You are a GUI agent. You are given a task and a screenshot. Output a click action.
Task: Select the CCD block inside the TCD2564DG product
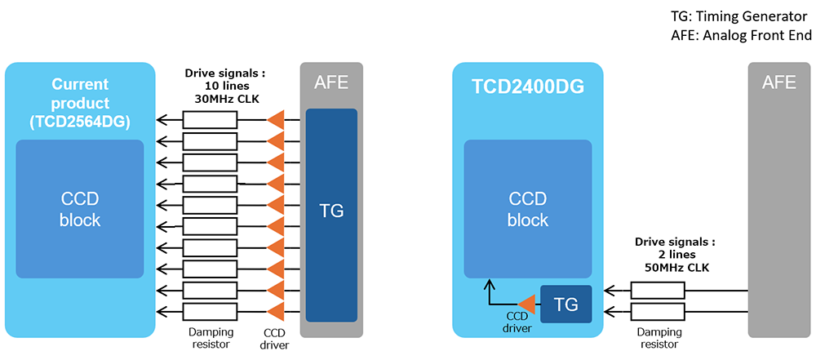[x=80, y=209]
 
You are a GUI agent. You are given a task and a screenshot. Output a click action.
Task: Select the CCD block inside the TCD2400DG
[x=528, y=209]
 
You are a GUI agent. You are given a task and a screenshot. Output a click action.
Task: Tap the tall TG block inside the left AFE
[x=331, y=211]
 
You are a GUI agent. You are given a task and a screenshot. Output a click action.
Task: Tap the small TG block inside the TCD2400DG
[x=566, y=304]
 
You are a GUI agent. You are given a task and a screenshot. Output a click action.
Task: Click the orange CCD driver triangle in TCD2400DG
[x=526, y=304]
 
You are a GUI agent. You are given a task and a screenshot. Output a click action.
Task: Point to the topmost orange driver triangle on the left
[x=276, y=120]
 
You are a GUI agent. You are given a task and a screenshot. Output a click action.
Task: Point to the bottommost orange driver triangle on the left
[x=276, y=311]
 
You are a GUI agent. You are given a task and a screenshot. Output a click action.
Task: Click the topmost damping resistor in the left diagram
[x=210, y=120]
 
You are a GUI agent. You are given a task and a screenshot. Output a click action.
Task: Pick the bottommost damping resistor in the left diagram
[x=210, y=311]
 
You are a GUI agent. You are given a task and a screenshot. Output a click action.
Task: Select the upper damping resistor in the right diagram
[x=658, y=291]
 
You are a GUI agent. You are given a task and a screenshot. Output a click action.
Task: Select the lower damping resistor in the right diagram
[x=658, y=312]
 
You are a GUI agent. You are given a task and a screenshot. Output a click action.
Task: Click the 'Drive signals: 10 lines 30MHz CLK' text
[x=224, y=86]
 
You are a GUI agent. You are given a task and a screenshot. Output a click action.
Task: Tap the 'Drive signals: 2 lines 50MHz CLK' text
[x=674, y=255]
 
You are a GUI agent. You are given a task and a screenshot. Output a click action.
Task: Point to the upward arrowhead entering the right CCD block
[x=490, y=283]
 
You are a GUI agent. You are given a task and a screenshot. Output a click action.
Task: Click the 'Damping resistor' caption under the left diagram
[x=211, y=339]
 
